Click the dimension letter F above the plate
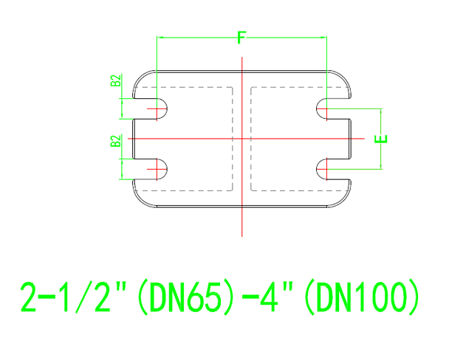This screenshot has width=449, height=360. click(x=241, y=39)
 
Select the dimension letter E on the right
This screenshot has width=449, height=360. click(x=380, y=139)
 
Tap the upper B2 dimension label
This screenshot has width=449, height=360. click(x=117, y=80)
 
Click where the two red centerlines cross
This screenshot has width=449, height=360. click(x=241, y=139)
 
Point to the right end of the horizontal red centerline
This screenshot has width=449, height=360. click(x=363, y=139)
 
